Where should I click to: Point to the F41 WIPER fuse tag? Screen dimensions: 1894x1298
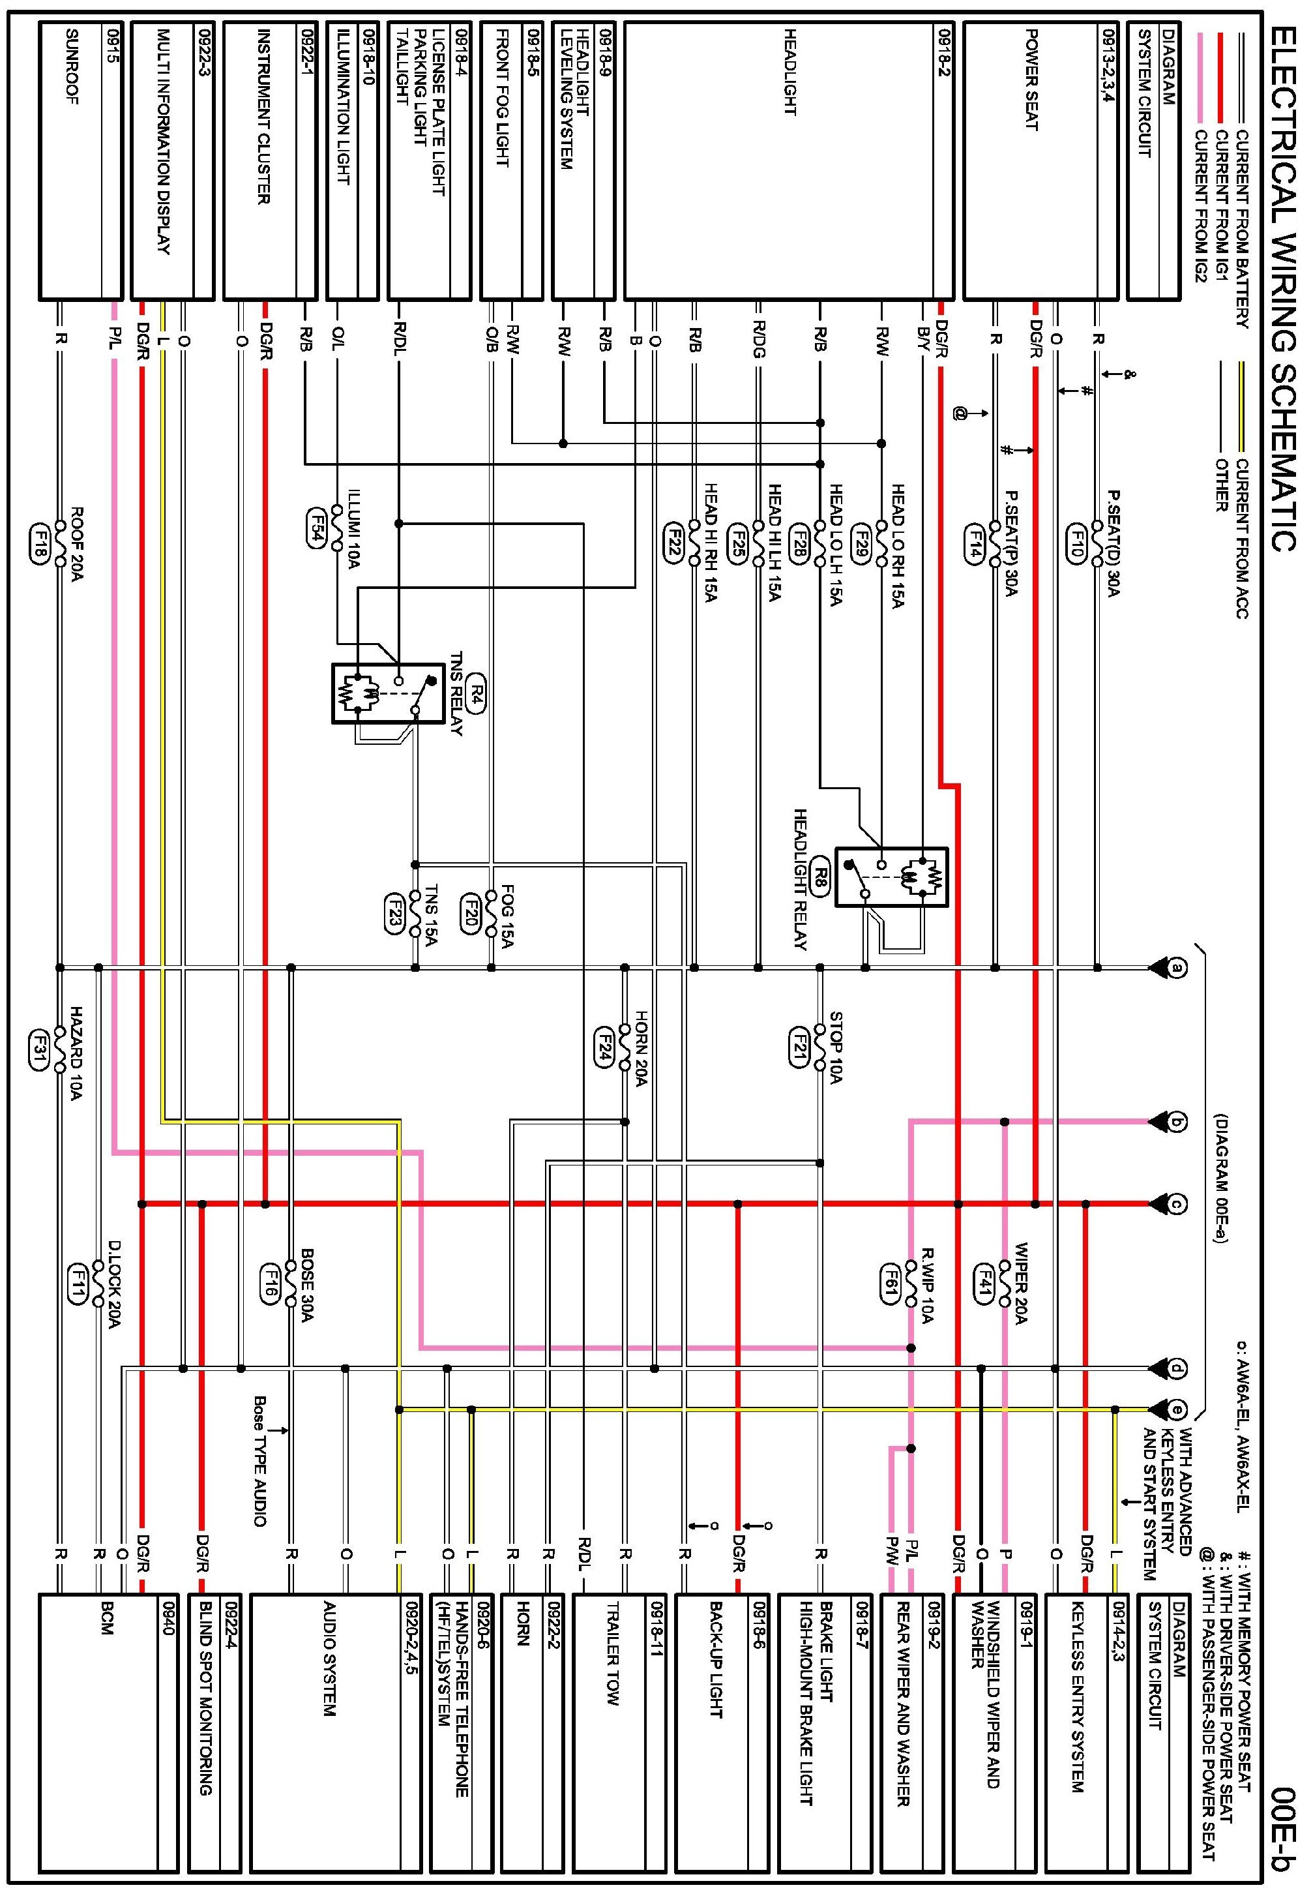click(x=984, y=1282)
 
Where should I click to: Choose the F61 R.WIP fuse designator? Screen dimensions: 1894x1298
click(x=890, y=1282)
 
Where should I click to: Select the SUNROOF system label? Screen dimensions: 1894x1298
click(x=71, y=68)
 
